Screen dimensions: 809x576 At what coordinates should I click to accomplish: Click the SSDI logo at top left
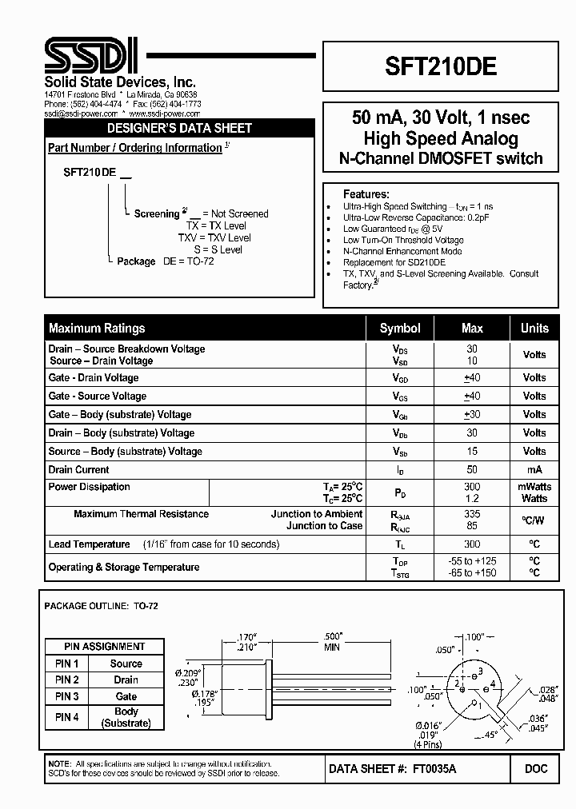[x=90, y=58]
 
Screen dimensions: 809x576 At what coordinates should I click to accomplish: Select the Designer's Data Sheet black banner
[x=179, y=128]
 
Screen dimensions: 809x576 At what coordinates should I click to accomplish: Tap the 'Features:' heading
[x=366, y=194]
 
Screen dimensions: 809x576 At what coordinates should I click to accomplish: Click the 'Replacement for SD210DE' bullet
[x=394, y=262]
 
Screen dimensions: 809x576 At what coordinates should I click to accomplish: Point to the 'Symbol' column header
[x=400, y=328]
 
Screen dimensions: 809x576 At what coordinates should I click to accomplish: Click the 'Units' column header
[x=534, y=328]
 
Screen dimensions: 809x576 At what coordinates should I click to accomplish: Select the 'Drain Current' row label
[x=79, y=470]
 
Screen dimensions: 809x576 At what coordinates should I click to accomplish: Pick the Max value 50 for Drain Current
[x=472, y=470]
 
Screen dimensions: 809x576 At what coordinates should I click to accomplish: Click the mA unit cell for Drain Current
[x=534, y=470]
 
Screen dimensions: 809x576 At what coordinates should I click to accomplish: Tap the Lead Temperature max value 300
[x=472, y=544]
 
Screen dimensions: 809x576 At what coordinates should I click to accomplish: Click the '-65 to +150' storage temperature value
[x=472, y=573]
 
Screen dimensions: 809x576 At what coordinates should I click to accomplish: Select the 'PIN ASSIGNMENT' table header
[x=105, y=647]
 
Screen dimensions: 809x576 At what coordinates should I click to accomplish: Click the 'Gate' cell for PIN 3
[x=126, y=696]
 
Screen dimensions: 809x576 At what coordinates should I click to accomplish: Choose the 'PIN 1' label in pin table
[x=66, y=664]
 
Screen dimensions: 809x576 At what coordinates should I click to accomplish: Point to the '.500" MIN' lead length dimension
[x=331, y=642]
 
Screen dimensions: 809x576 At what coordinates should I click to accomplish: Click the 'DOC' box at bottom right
[x=536, y=768]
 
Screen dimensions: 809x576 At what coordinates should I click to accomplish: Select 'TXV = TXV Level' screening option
[x=214, y=237]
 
